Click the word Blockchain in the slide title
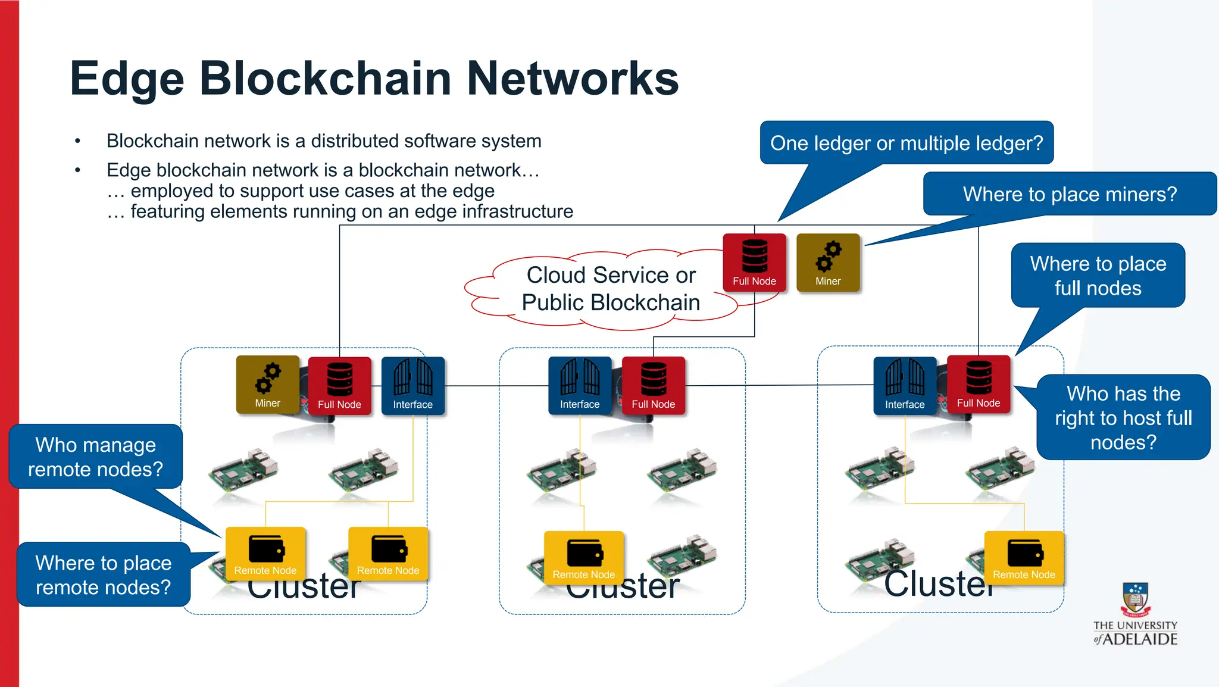coord(326,79)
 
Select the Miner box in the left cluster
coord(267,385)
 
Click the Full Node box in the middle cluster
coord(654,386)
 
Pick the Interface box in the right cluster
coord(905,386)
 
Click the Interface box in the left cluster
coord(412,386)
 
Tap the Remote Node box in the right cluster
coord(1024,558)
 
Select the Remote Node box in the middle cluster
coord(583,558)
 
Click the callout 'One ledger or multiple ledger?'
coord(907,143)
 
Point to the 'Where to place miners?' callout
coord(1070,194)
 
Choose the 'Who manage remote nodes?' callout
coord(95,457)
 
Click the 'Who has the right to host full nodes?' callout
coord(1123,417)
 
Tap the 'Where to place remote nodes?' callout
coord(103,574)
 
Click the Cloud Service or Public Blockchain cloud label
coord(611,289)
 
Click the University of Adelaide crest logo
coord(1135,599)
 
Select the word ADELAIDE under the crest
coord(1140,639)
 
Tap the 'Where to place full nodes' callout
coord(1098,276)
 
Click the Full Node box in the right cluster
coord(979,385)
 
